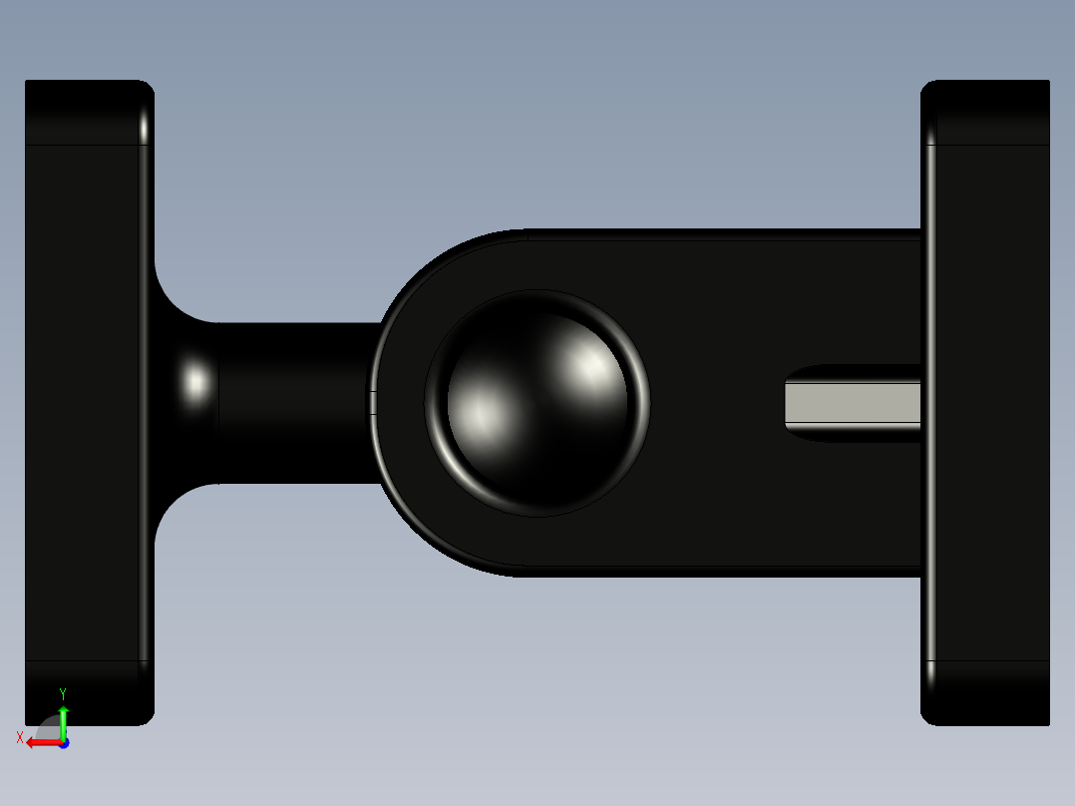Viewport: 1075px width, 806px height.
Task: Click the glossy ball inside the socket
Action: point(537,403)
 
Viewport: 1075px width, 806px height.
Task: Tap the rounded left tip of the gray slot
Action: point(790,403)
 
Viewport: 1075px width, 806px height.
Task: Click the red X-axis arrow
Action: point(40,742)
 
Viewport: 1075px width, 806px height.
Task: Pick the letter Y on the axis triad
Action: point(63,693)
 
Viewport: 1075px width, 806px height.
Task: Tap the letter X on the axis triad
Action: point(20,737)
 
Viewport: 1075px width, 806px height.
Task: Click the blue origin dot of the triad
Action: point(63,743)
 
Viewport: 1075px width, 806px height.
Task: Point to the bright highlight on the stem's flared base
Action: point(196,383)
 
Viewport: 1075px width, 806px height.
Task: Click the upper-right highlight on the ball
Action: point(590,367)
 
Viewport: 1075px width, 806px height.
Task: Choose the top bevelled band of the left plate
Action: point(85,112)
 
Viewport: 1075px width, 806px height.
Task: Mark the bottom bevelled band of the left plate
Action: point(85,692)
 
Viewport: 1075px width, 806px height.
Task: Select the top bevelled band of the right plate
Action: point(987,112)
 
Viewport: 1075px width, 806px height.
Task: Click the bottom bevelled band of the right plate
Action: point(987,692)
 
